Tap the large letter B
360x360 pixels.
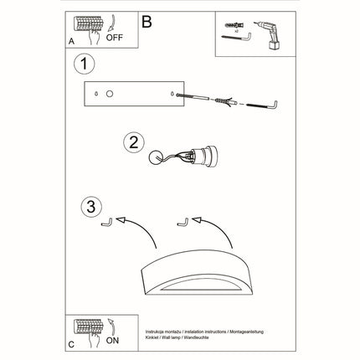point(148,22)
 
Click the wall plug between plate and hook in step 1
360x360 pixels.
point(222,101)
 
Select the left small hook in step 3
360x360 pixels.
point(105,224)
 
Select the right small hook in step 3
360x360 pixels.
point(180,223)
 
